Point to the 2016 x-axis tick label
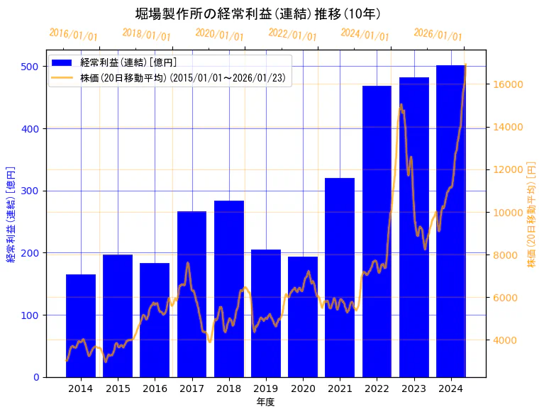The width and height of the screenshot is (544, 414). tap(155, 388)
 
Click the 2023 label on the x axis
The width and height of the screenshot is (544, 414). tap(413, 388)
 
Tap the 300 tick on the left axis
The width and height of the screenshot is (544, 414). tap(30, 191)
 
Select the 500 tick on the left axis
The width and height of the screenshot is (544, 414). tap(30, 67)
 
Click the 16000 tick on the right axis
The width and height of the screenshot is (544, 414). tap(508, 84)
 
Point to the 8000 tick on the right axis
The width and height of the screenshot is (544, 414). tap(505, 255)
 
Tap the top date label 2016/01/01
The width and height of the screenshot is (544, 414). tap(73, 35)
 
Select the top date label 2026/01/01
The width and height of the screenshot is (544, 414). tap(438, 35)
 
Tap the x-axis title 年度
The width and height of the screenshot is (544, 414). tap(265, 402)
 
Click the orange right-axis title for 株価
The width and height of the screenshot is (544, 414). tap(531, 213)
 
